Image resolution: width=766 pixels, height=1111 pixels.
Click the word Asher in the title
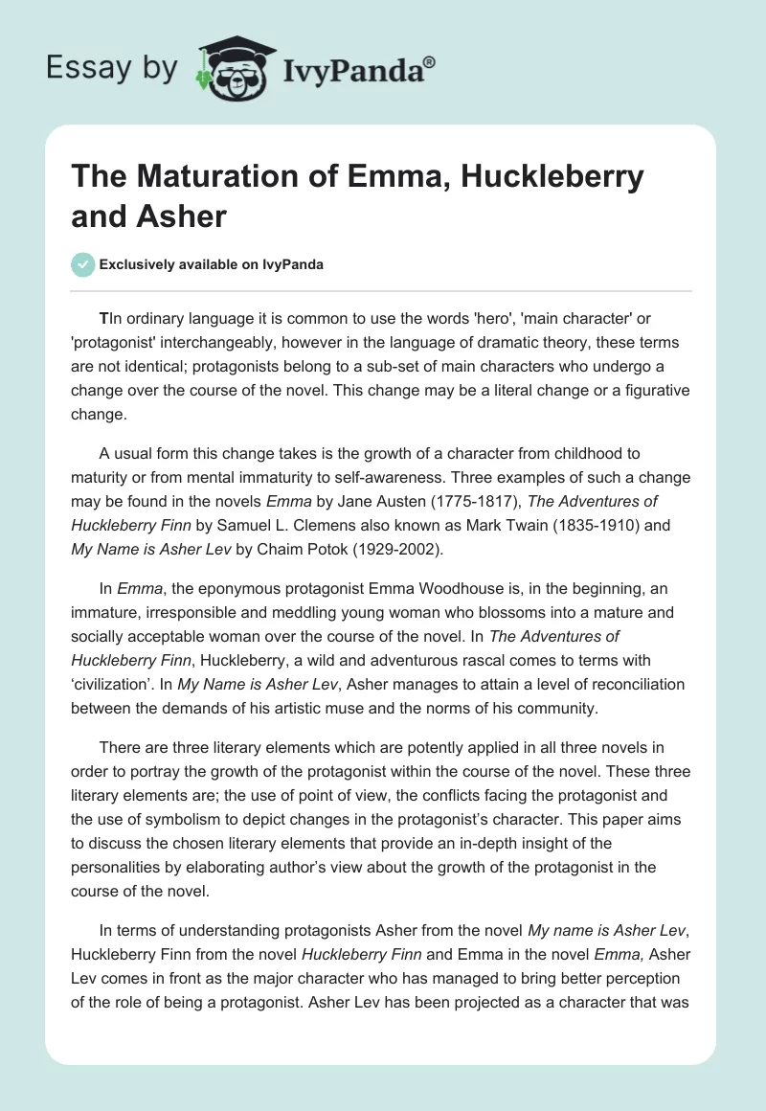coord(183,215)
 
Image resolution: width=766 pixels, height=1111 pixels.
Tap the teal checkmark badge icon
coord(83,264)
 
